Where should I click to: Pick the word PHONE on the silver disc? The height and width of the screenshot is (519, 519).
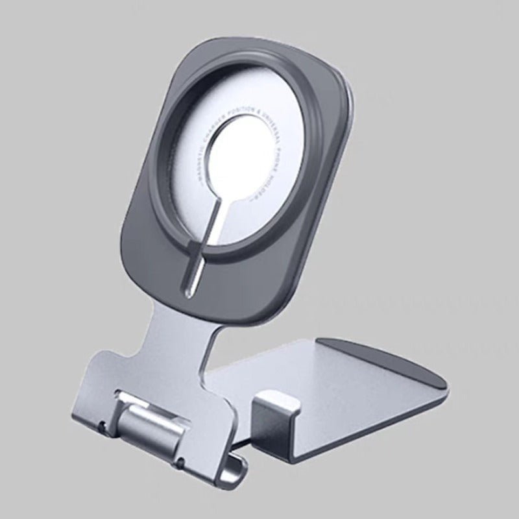coord(278,159)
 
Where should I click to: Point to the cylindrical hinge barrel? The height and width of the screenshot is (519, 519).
coord(149,429)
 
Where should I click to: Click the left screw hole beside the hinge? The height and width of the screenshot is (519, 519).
coord(102,426)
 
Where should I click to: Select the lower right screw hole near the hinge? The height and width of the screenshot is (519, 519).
coord(181,462)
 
